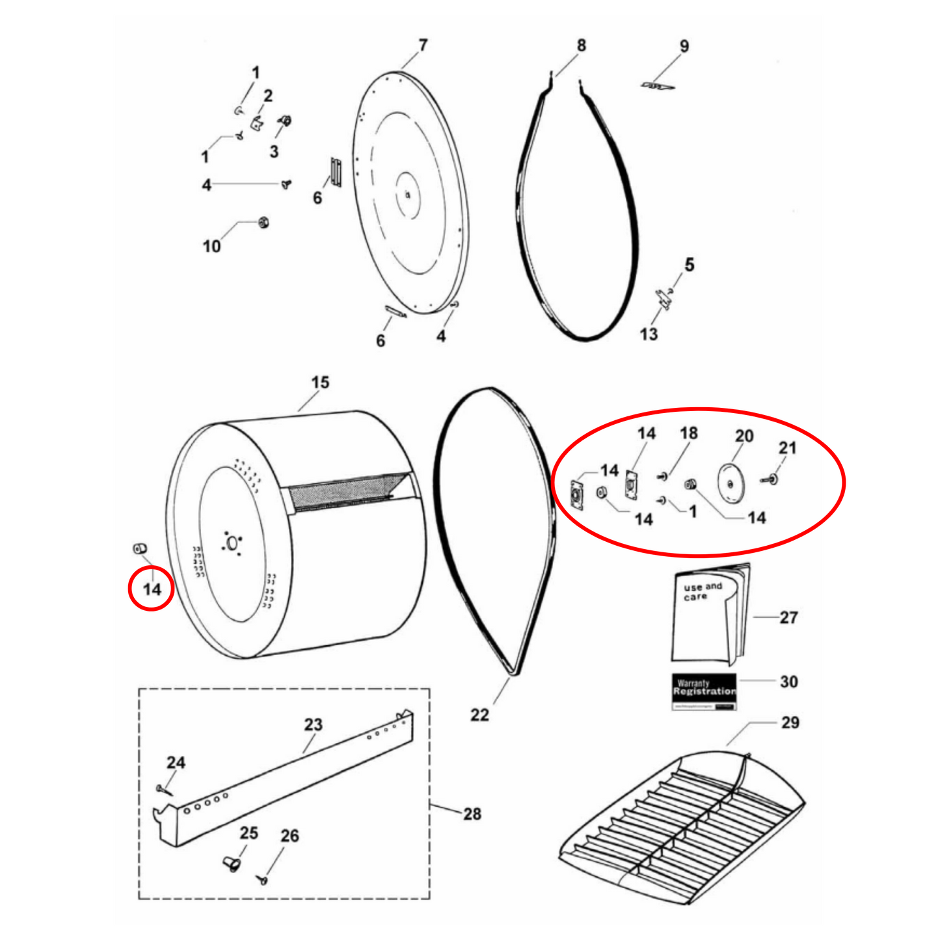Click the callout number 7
[423, 45]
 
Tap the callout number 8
[581, 45]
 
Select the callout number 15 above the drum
[320, 382]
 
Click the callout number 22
[479, 714]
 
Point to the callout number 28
[472, 813]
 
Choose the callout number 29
[790, 722]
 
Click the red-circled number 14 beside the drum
[152, 589]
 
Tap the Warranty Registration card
[704, 691]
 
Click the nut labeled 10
[263, 222]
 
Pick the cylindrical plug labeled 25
[232, 864]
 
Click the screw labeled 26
[263, 880]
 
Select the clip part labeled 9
[656, 85]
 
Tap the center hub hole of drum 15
[232, 543]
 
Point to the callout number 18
[688, 433]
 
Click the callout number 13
[649, 334]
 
